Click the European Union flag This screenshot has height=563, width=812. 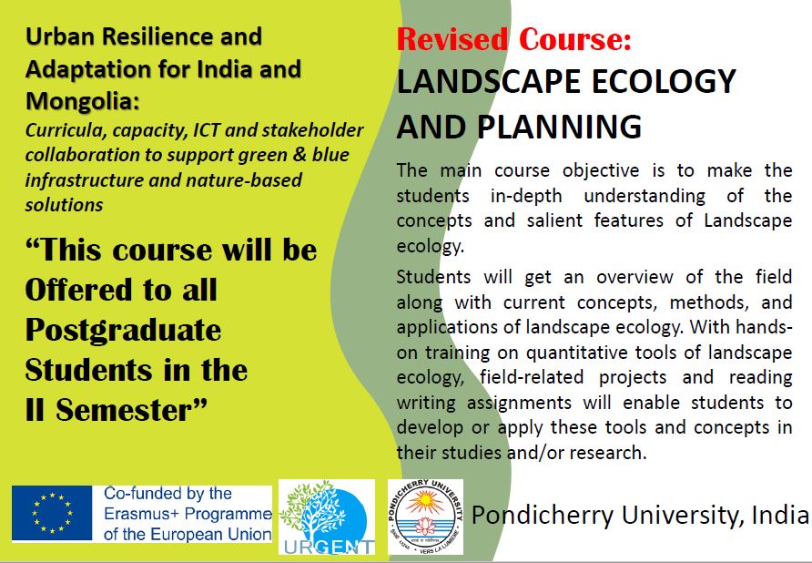(52, 513)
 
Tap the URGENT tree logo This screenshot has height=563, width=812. (327, 517)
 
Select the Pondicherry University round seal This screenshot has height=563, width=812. (425, 517)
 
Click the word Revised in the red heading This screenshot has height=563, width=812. (452, 39)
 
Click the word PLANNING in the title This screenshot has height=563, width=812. (559, 127)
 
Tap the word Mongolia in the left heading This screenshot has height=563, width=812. (83, 101)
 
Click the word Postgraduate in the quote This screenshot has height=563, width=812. (123, 330)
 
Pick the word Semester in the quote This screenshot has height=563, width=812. (131, 410)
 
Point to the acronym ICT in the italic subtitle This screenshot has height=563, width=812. (207, 130)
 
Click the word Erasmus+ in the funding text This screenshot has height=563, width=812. (142, 514)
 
